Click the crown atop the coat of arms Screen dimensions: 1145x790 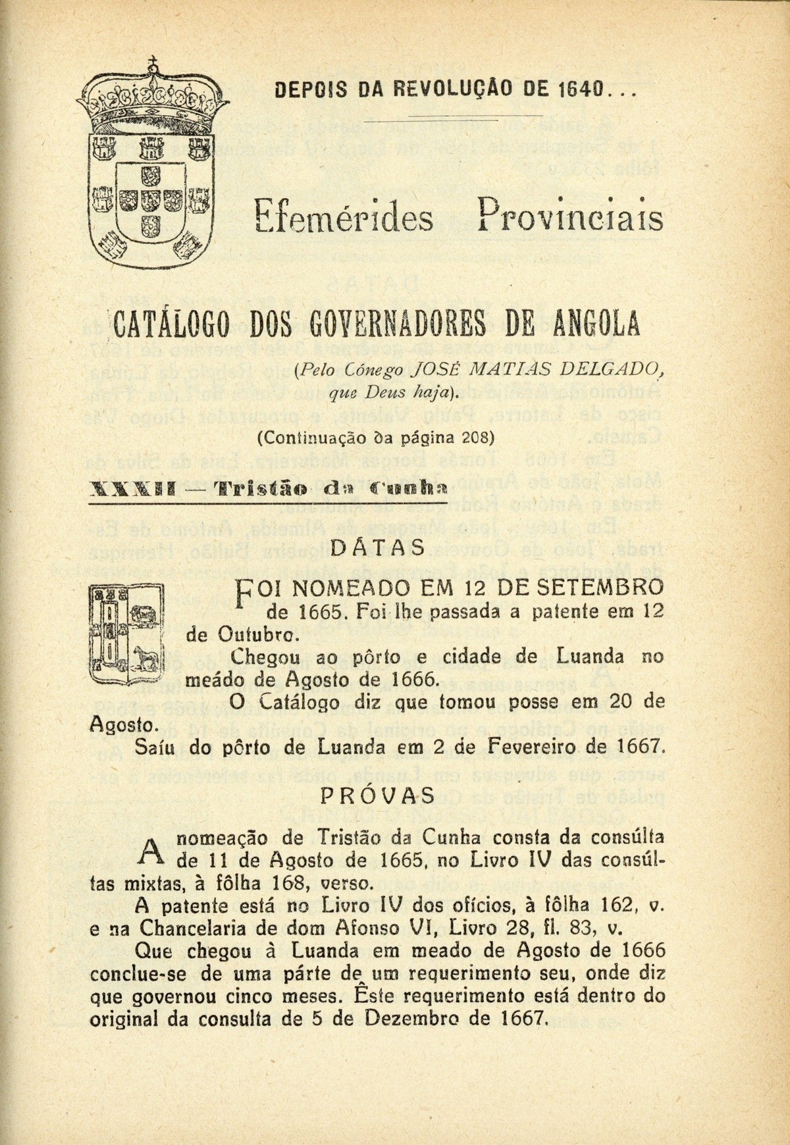(153, 99)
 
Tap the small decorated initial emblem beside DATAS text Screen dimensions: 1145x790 (124, 634)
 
